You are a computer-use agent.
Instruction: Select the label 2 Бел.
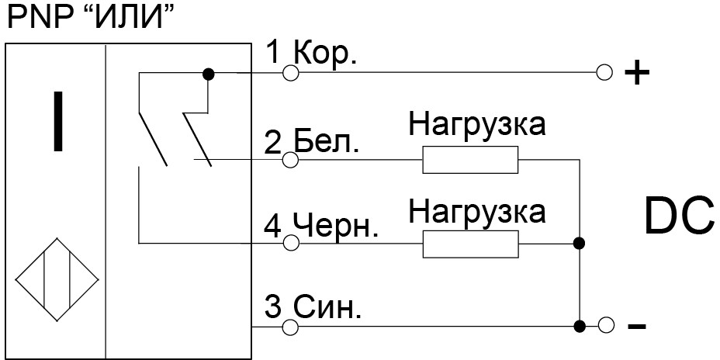coord(311,142)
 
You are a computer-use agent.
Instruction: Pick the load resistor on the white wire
coord(470,160)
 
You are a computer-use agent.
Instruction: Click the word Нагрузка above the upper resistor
coord(477,125)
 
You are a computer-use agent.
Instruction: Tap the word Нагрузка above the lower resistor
coord(477,209)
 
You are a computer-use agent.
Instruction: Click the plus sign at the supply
coord(636,74)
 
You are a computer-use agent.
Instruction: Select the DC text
coord(679,217)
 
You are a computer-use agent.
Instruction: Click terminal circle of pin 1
coord(290,73)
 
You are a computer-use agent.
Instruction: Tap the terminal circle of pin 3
coord(290,327)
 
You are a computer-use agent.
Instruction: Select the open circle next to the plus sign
coord(606,73)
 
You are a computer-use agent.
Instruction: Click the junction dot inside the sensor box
coord(207,74)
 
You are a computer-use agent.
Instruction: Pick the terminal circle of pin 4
coord(290,244)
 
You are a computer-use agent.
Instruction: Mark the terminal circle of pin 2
coord(290,161)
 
